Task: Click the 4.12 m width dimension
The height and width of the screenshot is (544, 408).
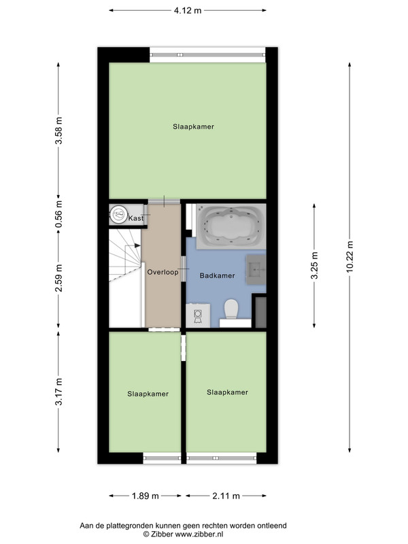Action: (188, 10)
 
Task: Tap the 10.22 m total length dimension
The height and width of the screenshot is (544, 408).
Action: (350, 257)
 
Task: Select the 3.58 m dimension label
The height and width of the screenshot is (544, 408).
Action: (59, 131)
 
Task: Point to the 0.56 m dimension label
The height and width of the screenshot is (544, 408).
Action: (59, 214)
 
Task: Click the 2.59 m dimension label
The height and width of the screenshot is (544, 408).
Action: (59, 277)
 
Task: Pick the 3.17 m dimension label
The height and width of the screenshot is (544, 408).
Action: (59, 392)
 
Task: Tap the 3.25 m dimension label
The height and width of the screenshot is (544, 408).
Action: (314, 265)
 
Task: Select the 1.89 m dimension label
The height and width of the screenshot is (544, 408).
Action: (146, 496)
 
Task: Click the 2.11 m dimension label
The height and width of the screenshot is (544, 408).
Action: (226, 496)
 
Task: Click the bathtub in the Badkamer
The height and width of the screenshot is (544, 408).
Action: (231, 226)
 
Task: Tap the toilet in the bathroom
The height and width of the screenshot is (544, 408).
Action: (231, 309)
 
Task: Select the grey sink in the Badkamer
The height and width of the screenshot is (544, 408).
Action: (256, 269)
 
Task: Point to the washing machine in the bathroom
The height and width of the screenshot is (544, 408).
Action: (198, 316)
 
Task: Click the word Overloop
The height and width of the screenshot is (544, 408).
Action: (163, 272)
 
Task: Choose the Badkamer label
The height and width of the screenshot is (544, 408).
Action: (217, 275)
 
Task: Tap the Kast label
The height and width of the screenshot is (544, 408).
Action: (135, 218)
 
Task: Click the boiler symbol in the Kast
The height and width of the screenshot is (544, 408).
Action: (119, 215)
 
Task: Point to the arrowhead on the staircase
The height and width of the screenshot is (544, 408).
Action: (137, 245)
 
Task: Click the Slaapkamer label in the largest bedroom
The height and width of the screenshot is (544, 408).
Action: (194, 126)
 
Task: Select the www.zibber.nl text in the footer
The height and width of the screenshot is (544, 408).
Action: (199, 534)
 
